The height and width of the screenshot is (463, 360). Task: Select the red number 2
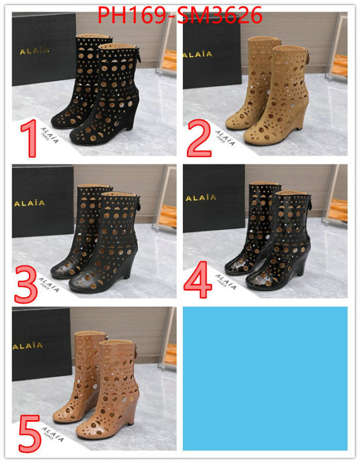coord(200,137)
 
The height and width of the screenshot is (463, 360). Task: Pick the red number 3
coord(26,281)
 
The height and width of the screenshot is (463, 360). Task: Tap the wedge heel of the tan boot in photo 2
coord(303,125)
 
